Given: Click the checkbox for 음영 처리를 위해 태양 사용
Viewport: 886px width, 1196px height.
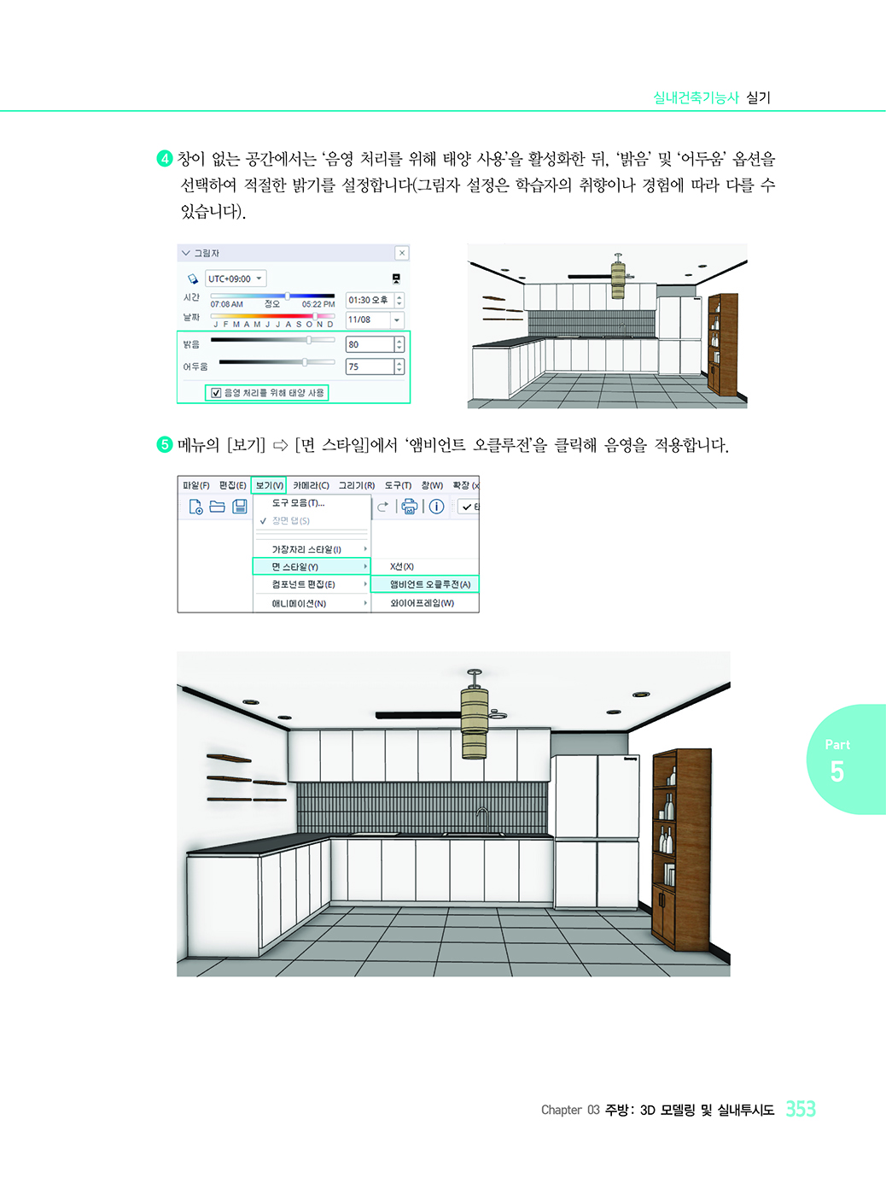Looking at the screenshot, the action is (x=216, y=393).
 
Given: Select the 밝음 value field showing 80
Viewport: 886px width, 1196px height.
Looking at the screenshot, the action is (x=370, y=344).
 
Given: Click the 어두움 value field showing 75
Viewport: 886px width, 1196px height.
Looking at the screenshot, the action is (x=370, y=366).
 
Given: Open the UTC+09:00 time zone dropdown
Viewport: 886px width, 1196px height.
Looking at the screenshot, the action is (x=236, y=278).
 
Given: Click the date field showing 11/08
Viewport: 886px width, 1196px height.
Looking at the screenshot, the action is (x=368, y=320).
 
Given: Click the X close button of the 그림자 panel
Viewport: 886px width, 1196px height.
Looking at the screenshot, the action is (x=402, y=253).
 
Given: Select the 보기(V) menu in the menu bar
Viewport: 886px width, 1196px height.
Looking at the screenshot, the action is (x=269, y=485).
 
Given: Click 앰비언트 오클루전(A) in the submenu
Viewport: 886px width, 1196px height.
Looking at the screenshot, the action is (x=425, y=584).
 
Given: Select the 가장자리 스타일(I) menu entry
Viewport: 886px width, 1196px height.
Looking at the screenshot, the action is (x=306, y=549).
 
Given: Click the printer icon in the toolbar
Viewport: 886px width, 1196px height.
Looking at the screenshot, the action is (x=410, y=507).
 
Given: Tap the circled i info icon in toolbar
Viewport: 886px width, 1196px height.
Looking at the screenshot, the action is (x=436, y=507).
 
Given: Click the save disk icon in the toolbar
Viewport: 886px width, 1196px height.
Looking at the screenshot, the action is (x=240, y=507).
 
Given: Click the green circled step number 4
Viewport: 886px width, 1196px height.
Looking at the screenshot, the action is (x=165, y=159).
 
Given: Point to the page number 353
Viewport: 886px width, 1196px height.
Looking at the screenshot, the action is (x=801, y=1109).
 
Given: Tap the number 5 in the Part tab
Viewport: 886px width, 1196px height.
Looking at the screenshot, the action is (x=836, y=771).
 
